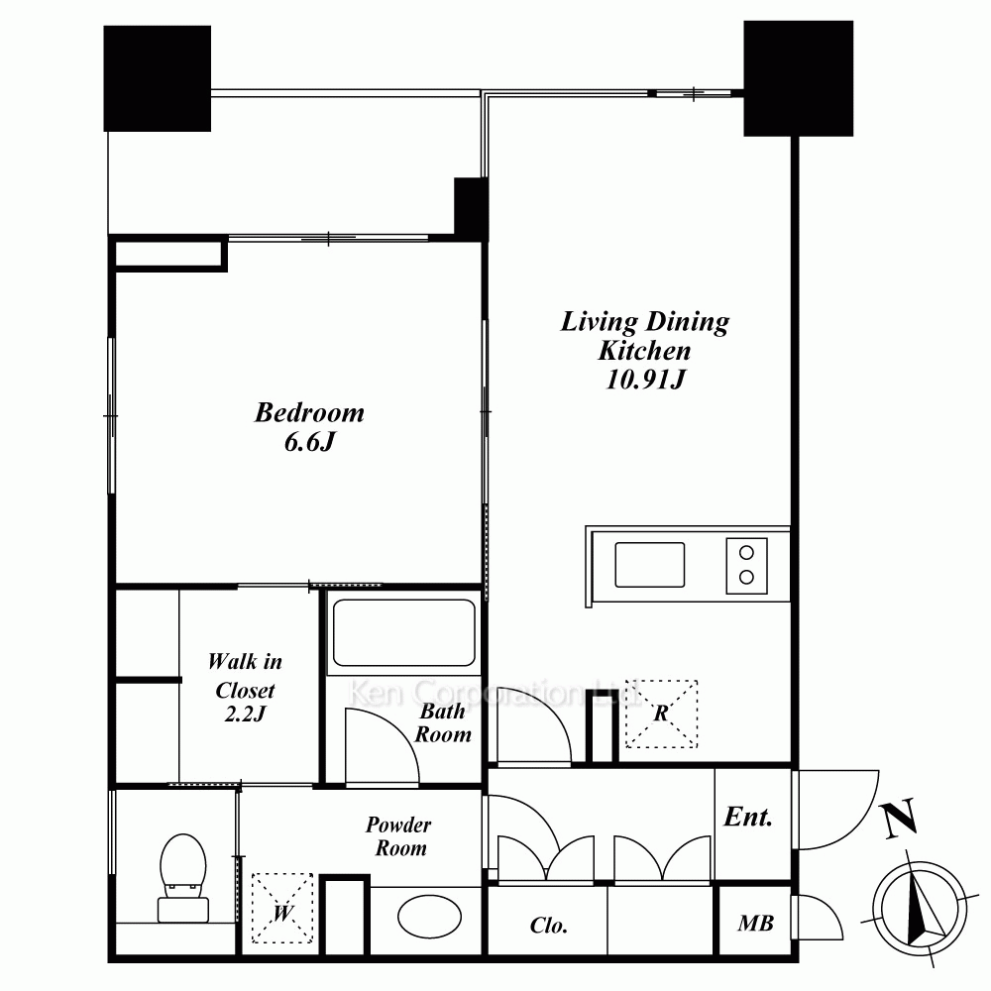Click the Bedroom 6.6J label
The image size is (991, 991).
coord(309,426)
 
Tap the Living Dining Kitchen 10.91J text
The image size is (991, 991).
coord(645,350)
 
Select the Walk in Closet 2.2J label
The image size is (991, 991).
coord(245,687)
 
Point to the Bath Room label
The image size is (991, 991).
coord(442,722)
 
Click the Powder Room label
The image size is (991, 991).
coord(398,835)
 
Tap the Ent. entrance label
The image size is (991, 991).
coord(748,817)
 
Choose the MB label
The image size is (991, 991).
coord(755,924)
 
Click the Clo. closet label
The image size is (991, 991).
coord(549,926)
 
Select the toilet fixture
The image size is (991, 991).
coord(183,877)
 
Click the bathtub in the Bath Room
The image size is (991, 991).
coord(404,632)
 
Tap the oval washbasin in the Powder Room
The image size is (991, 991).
coord(429,916)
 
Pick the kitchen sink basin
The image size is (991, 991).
coord(650,565)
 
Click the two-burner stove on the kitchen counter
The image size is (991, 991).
coord(746,566)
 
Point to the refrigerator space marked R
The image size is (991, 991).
coord(661,715)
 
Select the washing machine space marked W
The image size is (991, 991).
coord(282,908)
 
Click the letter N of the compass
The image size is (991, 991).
coord(900,818)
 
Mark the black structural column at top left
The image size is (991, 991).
coord(158,78)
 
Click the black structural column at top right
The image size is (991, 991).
coord(798,78)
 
